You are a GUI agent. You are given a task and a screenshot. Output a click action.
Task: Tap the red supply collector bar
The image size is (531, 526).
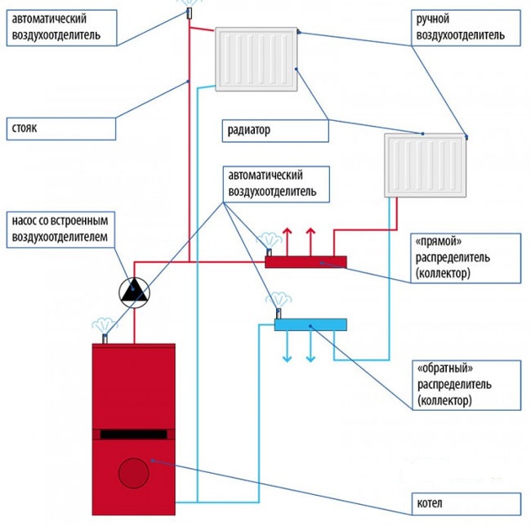point(306,261)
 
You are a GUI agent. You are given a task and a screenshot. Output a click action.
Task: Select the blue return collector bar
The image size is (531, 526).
point(310,325)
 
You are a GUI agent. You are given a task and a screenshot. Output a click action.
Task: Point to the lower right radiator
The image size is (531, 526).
point(425,166)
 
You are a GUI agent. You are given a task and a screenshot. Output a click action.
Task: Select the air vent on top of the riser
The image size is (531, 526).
point(189,11)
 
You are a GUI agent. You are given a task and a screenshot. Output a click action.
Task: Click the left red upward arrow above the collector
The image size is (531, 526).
point(285,242)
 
